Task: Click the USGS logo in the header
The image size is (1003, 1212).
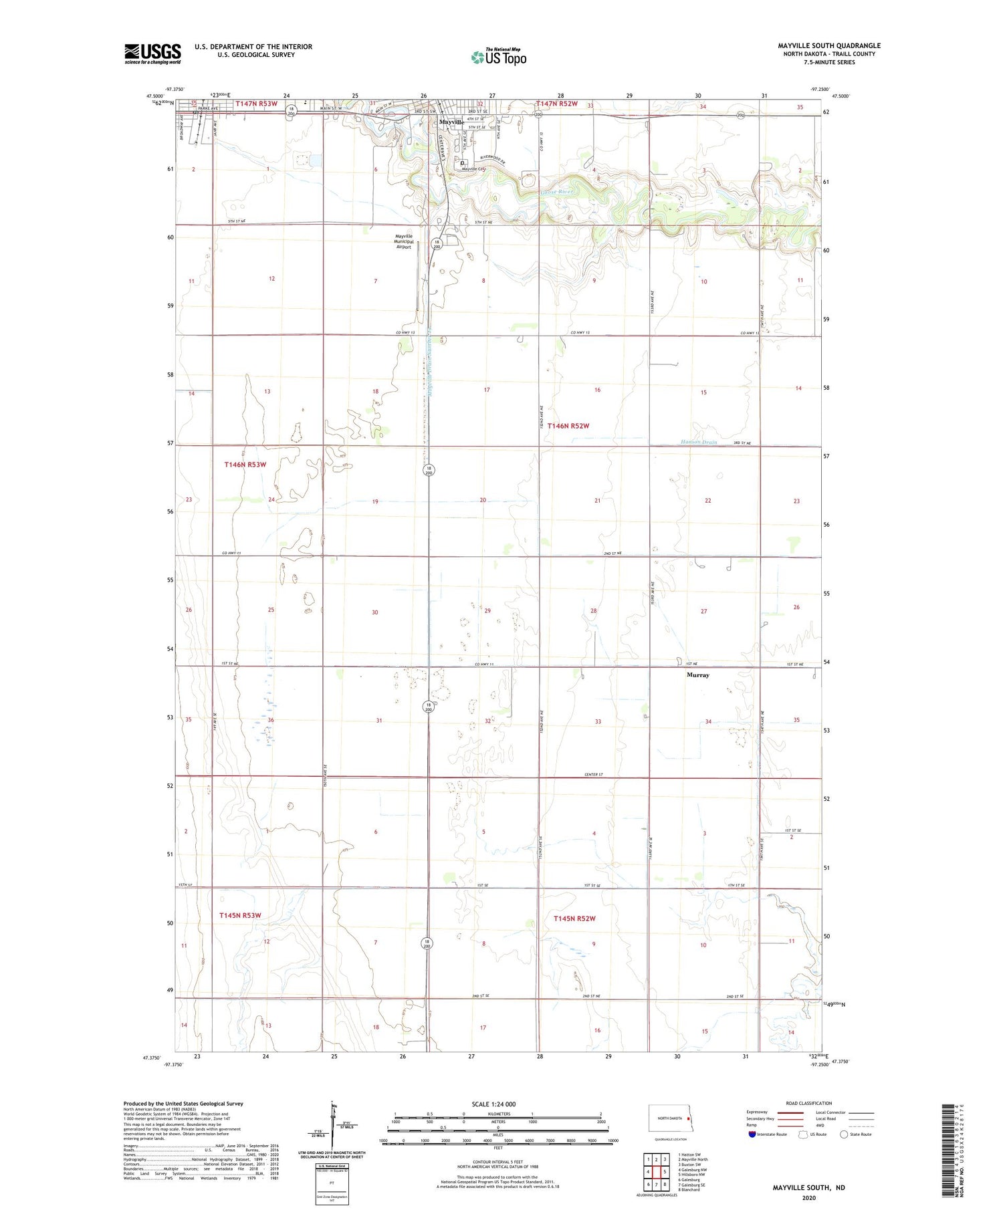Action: [152, 53]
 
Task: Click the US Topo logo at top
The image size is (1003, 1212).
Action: [499, 57]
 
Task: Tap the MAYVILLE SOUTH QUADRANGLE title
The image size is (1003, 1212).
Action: [828, 45]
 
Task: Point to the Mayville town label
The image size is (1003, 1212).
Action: [451, 122]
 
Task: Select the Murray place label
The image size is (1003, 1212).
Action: [697, 675]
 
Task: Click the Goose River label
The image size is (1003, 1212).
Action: [556, 192]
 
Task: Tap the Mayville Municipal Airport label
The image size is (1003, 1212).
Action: [404, 241]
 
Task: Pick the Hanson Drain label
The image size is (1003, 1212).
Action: [699, 442]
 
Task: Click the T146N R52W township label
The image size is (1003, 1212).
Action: [568, 426]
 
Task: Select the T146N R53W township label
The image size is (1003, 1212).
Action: [245, 464]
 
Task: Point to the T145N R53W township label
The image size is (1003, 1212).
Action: [240, 915]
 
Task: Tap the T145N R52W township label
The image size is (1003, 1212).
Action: [574, 919]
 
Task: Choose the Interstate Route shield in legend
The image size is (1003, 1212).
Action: [752, 1134]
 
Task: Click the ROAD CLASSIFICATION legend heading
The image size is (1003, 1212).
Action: [809, 1103]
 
